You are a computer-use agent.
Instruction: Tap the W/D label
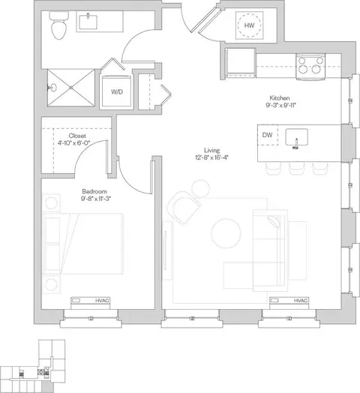[117, 91]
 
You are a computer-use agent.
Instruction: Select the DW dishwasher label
[267, 135]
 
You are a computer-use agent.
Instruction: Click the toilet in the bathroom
[59, 25]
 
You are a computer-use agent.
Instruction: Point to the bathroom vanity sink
[88, 22]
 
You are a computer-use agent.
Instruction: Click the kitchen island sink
[296, 137]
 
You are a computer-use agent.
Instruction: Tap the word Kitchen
[280, 98]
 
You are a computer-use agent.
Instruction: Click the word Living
[211, 151]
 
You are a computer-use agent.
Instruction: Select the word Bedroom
[94, 191]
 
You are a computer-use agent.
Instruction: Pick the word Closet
[77, 136]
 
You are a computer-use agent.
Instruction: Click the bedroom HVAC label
[102, 301]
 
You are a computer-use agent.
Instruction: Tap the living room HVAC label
[301, 301]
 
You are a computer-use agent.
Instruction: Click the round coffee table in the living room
[226, 233]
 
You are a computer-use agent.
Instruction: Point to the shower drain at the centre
[71, 88]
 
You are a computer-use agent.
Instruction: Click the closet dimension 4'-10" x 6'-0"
[73, 143]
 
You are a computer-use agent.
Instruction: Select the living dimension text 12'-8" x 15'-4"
[211, 157]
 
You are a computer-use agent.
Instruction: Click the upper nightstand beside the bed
[51, 202]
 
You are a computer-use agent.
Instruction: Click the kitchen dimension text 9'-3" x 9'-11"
[280, 106]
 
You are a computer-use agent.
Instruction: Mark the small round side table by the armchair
[200, 189]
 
